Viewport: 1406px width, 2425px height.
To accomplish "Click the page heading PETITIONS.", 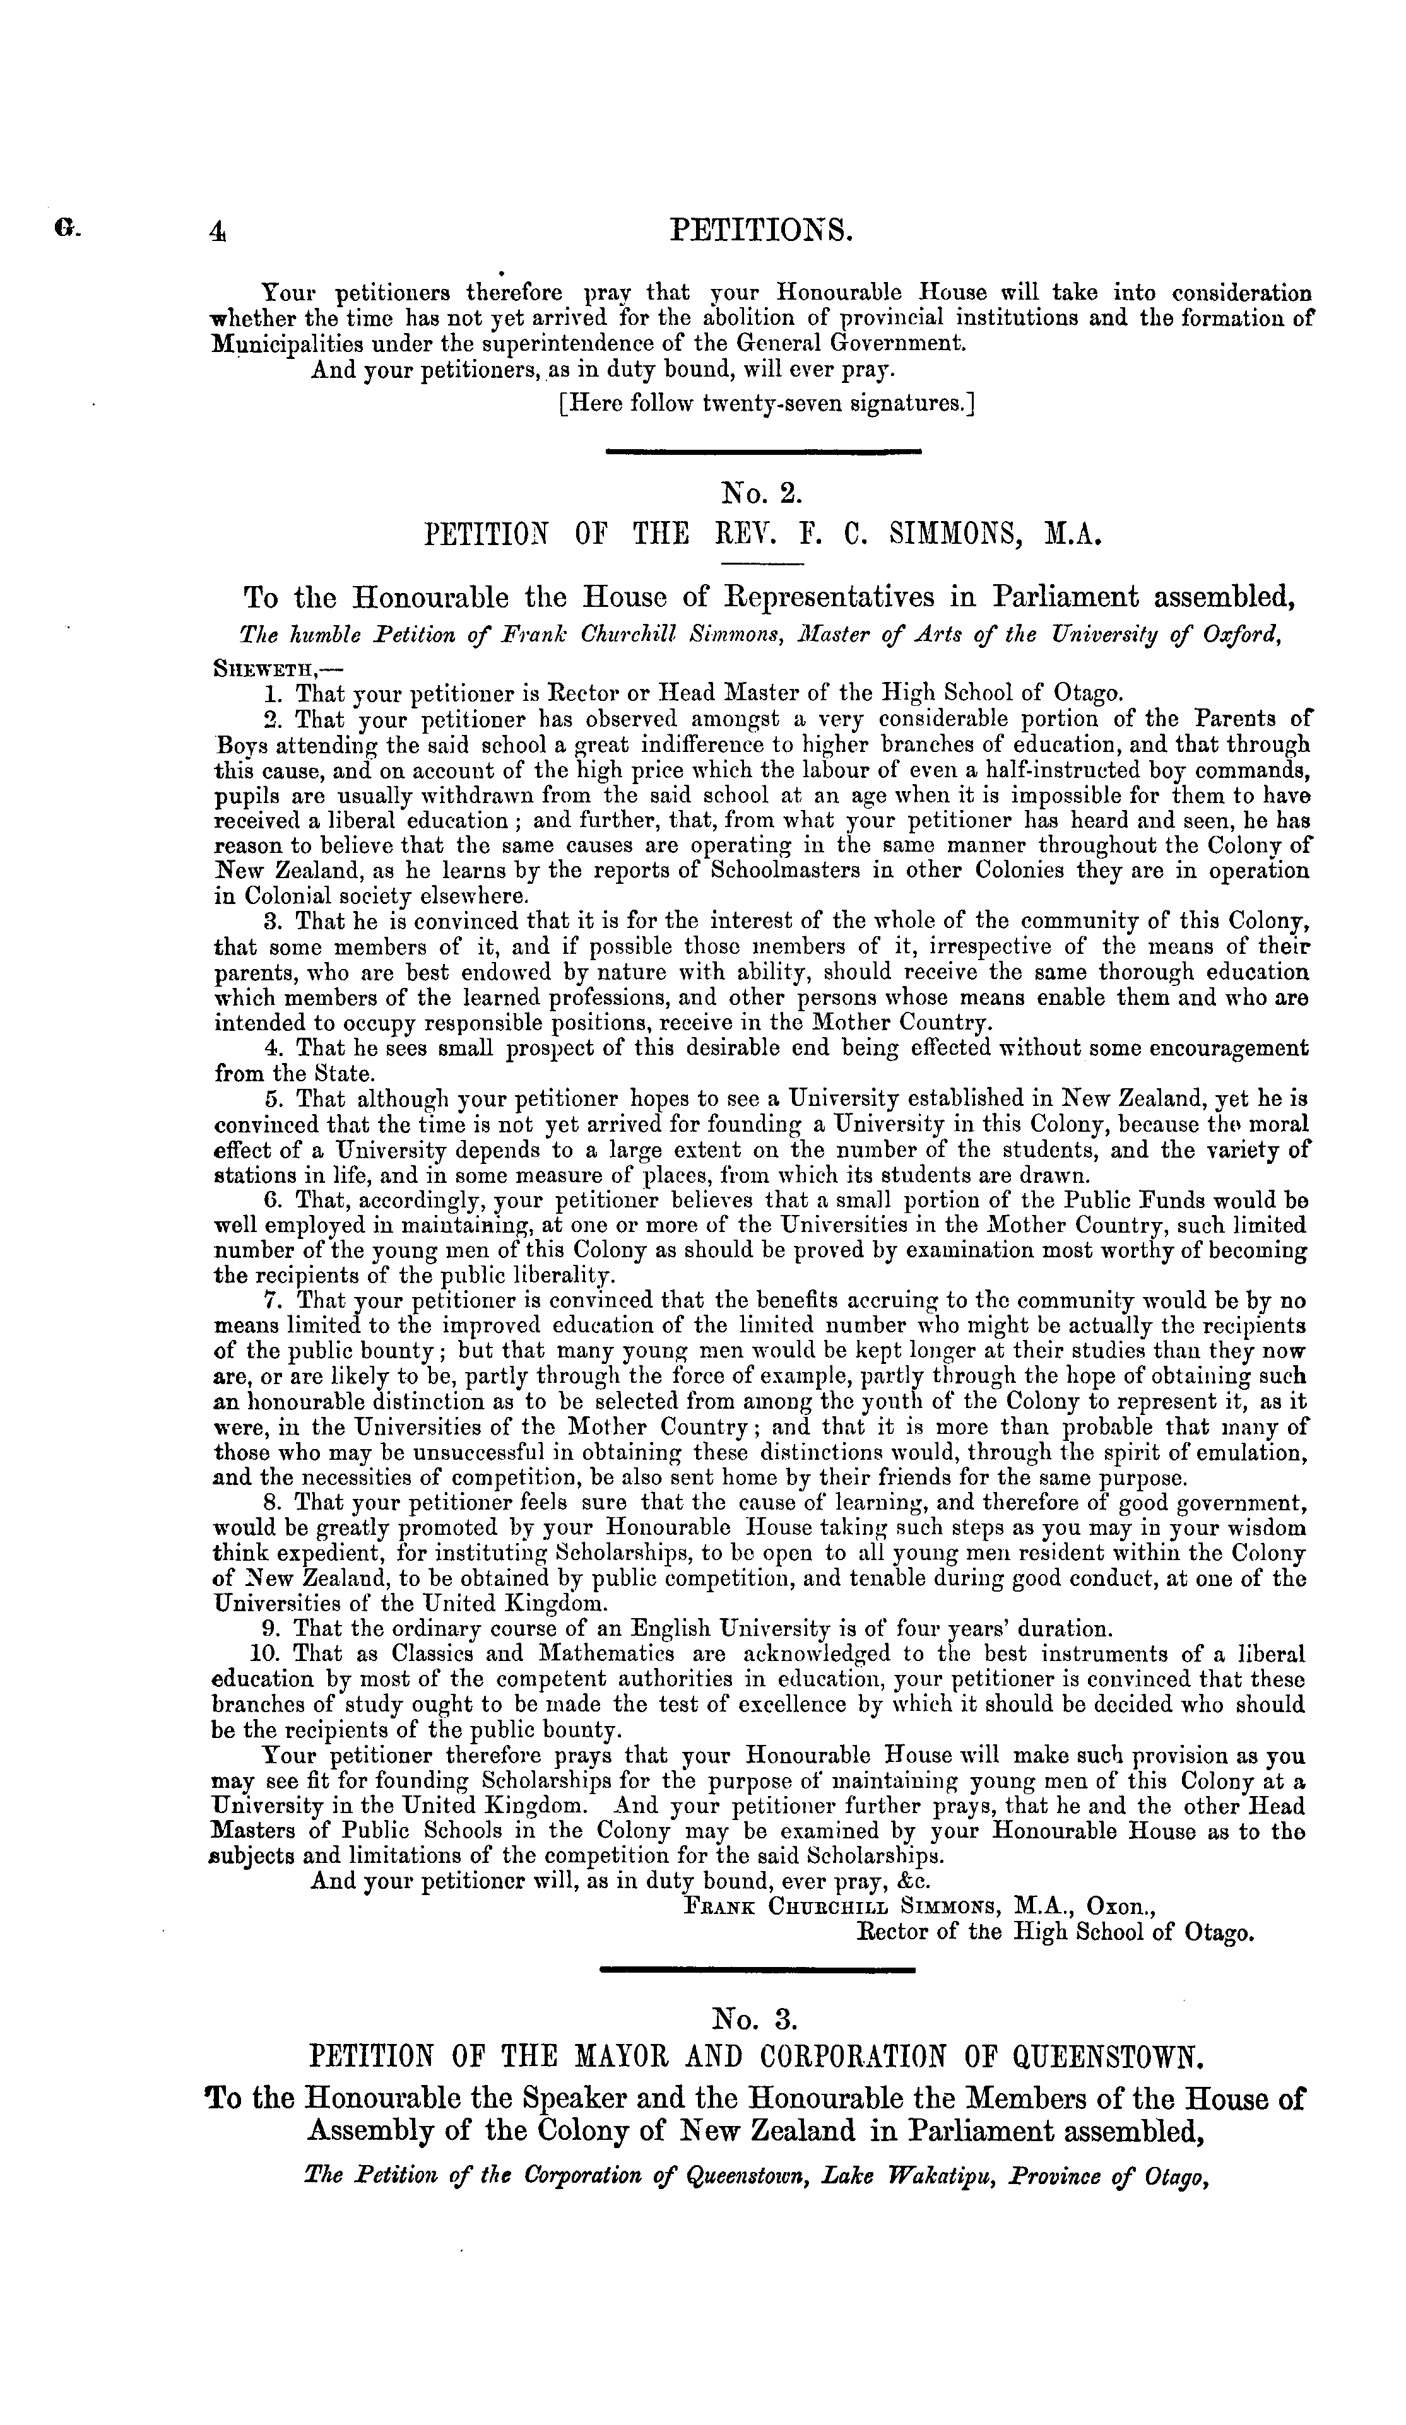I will [760, 231].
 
